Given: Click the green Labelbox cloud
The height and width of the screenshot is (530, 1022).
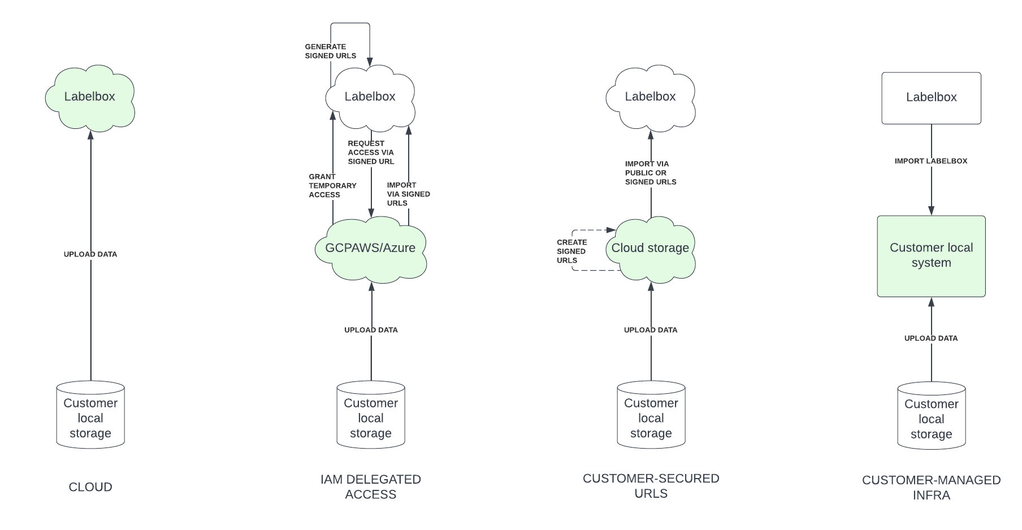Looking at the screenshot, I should click(x=90, y=97).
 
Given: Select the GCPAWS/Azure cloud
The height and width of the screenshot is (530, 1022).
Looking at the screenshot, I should click(x=370, y=248).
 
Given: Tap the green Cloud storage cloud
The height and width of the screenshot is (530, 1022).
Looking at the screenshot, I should click(x=650, y=248).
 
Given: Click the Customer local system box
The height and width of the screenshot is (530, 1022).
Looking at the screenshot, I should click(x=931, y=255).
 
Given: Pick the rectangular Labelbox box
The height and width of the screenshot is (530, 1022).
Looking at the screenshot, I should click(x=931, y=98).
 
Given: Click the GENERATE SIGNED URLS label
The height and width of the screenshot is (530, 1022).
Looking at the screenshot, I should click(x=331, y=51).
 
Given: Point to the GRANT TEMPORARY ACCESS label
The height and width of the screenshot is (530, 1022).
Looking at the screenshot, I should click(x=332, y=186).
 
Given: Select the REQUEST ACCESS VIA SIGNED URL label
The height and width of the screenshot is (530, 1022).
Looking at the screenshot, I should click(x=371, y=153).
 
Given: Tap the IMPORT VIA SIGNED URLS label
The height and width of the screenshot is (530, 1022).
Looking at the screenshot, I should click(x=408, y=194).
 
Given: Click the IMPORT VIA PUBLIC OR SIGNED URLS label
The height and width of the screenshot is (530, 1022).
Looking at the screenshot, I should click(x=651, y=173).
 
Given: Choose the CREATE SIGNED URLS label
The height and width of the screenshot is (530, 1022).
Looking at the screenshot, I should click(x=571, y=251).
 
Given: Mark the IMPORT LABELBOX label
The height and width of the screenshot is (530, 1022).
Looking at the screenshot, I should click(x=930, y=161).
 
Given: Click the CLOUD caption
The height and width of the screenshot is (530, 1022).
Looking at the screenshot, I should click(x=90, y=487).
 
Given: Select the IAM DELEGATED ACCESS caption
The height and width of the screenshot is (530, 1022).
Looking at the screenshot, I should click(x=371, y=487).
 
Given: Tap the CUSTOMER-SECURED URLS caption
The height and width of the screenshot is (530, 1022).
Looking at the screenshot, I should click(x=651, y=486).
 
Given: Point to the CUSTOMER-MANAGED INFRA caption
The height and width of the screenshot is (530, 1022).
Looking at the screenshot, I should click(x=931, y=488).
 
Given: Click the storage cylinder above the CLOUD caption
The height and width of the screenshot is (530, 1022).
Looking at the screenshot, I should click(x=90, y=415).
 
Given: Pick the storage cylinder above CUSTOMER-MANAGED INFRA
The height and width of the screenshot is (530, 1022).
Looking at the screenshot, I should click(x=931, y=416).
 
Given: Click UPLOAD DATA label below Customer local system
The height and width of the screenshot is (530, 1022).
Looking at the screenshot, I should click(x=930, y=338).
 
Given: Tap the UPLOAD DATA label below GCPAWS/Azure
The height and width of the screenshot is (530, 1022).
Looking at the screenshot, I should click(x=371, y=330).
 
